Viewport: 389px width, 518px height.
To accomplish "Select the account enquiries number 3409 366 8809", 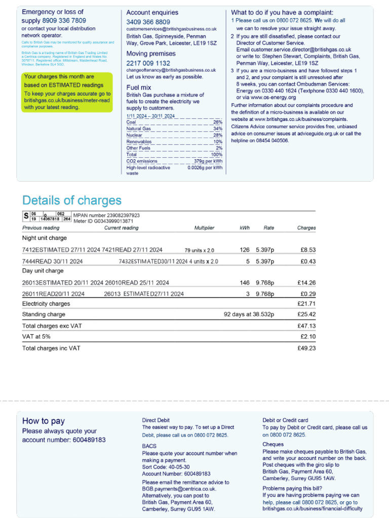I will tap(148, 22).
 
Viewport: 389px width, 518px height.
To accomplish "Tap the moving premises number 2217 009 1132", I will tap(148, 63).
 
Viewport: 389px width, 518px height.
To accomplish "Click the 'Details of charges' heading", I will tap(72, 200).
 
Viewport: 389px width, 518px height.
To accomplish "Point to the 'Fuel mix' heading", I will tap(139, 88).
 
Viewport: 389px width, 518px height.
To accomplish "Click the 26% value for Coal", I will tap(218, 122).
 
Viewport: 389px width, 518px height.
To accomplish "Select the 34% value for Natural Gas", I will tap(218, 129).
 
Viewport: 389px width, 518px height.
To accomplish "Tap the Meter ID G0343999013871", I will tap(111, 221).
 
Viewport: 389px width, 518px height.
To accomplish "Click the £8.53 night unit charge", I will tap(307, 249).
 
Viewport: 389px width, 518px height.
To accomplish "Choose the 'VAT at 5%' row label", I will tap(36, 336).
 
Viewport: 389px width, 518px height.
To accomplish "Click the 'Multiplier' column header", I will tap(204, 228).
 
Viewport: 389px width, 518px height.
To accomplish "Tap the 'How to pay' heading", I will tap(44, 421).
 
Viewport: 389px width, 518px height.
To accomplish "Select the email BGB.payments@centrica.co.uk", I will tap(179, 489).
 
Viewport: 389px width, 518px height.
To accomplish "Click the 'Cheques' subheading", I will tap(273, 445).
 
